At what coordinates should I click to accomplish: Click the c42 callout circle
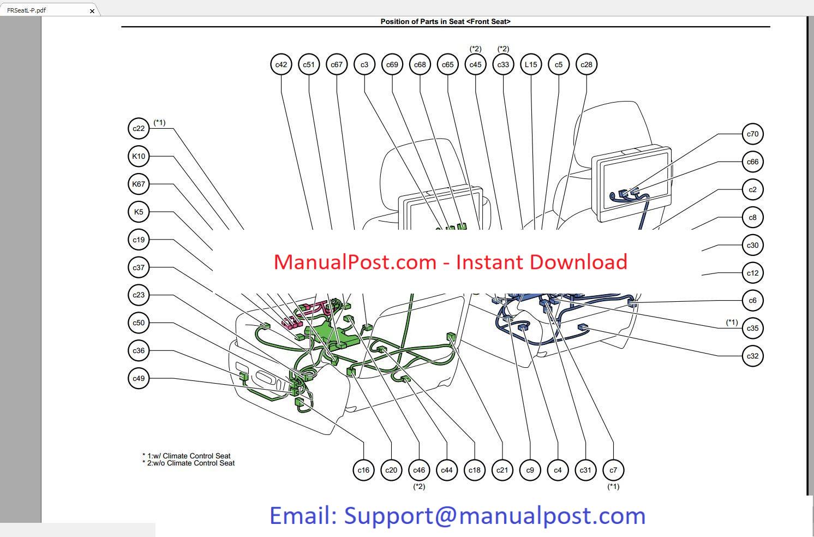click(281, 64)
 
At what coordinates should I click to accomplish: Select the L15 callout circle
click(531, 64)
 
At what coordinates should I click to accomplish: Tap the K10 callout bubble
click(139, 156)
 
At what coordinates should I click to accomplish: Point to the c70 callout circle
click(752, 134)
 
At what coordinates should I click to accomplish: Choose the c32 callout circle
click(752, 356)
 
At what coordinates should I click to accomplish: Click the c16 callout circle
click(363, 470)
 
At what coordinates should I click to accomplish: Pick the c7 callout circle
click(613, 470)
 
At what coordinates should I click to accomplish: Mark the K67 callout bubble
click(139, 184)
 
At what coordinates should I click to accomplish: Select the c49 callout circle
click(139, 378)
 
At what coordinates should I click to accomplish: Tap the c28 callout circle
click(586, 64)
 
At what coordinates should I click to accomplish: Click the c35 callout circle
click(752, 328)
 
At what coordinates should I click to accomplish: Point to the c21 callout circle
click(502, 470)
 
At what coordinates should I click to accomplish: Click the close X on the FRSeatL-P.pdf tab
click(92, 10)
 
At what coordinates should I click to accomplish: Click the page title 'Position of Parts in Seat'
click(445, 22)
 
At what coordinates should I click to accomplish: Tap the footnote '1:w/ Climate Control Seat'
click(189, 456)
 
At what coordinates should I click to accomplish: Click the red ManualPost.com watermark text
click(450, 262)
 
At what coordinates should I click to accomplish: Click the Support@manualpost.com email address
click(494, 516)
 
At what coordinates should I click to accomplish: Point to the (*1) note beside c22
click(159, 122)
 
